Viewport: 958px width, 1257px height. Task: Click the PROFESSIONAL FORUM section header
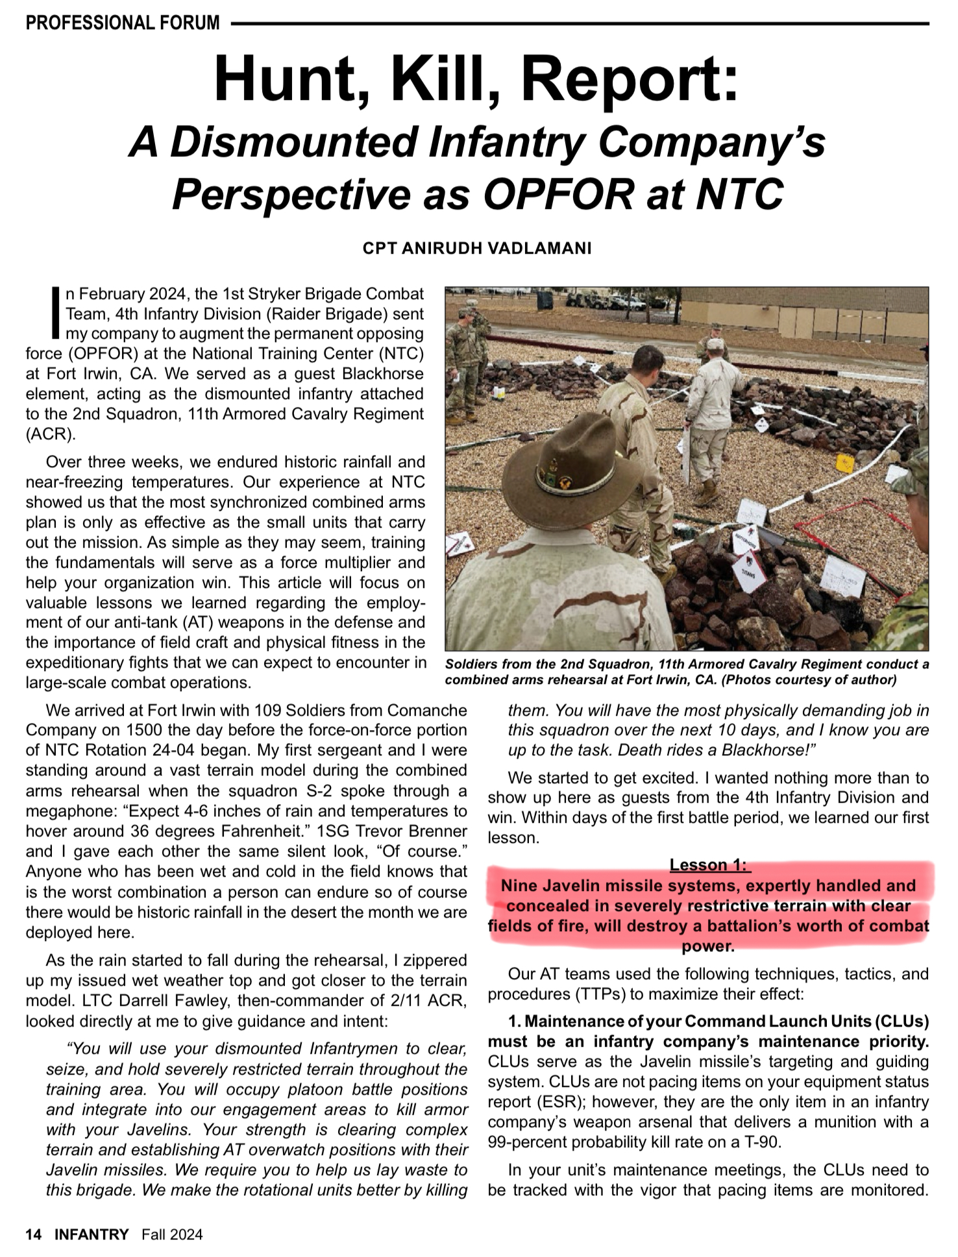[123, 23]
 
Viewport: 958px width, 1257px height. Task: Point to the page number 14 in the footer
[34, 1234]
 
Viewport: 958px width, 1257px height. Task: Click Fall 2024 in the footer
[172, 1234]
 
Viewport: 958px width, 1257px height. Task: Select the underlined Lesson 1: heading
[709, 865]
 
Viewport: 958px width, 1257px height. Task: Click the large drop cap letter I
[56, 313]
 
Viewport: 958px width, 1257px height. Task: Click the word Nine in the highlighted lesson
[524, 886]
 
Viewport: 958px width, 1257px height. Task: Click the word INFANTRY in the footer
[92, 1234]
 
